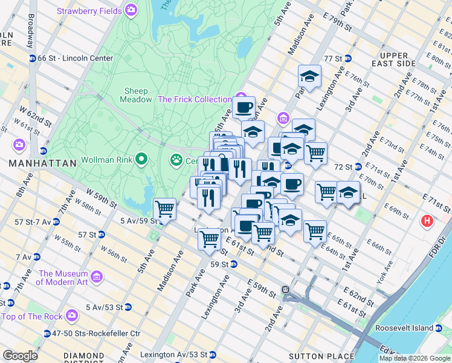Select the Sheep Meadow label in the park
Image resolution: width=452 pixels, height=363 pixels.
pyautogui.click(x=138, y=95)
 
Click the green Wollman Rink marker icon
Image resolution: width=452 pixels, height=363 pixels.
pyautogui.click(x=141, y=160)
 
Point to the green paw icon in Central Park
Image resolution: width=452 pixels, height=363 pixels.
pyautogui.click(x=176, y=160)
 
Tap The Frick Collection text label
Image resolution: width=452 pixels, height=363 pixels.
pyautogui.click(x=195, y=99)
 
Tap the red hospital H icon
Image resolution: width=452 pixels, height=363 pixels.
pyautogui.click(x=428, y=222)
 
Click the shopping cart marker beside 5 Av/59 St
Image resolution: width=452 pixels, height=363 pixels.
pyautogui.click(x=164, y=209)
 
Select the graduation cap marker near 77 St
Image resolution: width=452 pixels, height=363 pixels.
pyautogui.click(x=309, y=76)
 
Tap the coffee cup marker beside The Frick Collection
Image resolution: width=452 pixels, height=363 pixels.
pyautogui.click(x=244, y=108)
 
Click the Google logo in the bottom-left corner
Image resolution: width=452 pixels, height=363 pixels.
pyautogui.click(x=20, y=356)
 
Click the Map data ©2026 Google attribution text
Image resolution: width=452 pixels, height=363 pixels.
pyautogui.click(x=415, y=358)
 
